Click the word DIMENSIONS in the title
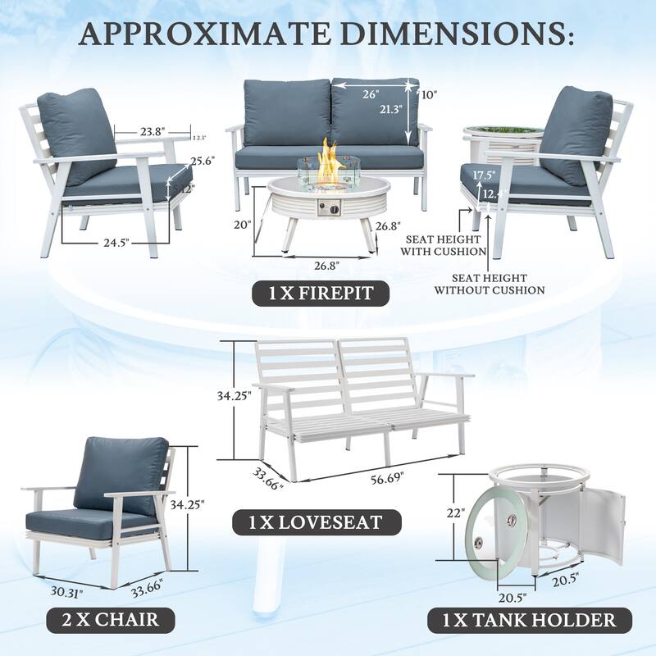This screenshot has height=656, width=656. tap(441, 34)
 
